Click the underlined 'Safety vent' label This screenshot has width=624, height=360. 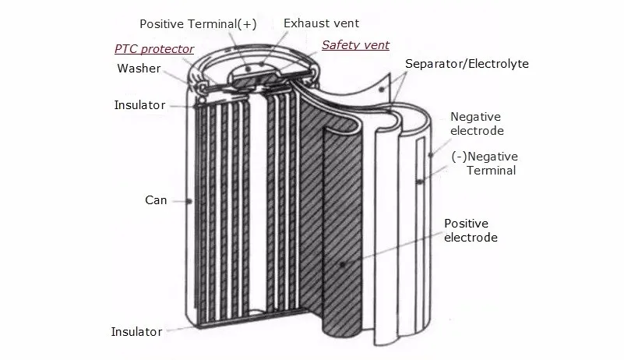tap(355, 45)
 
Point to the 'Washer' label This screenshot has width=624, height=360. tap(139, 69)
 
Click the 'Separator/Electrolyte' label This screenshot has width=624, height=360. tap(467, 63)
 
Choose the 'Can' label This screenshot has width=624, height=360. tap(156, 200)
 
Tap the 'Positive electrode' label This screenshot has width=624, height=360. tap(471, 231)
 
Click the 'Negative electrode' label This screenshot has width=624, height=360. tap(477, 123)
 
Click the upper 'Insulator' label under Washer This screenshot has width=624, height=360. tap(139, 104)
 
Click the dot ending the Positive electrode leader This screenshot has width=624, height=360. tap(342, 265)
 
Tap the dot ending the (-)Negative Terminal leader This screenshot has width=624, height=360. tap(420, 182)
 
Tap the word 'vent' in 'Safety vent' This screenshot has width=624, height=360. tap(375, 45)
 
